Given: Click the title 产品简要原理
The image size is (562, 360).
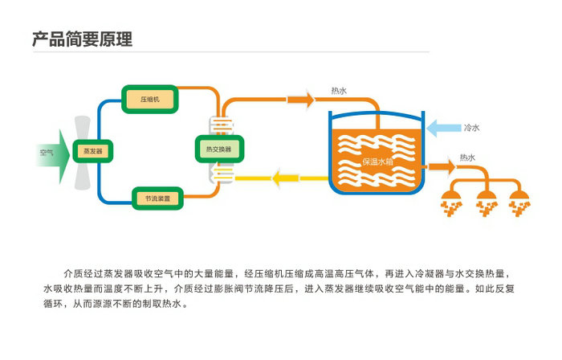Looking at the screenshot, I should coord(81,39).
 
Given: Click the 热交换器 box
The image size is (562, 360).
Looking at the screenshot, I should coord(218,149).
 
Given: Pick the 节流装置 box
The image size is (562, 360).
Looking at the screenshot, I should coord(157,198).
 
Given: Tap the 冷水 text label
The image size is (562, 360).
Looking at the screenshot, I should coord(471,128).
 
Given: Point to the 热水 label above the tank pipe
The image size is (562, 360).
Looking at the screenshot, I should coord(338,91).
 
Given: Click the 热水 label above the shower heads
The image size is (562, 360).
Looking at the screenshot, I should coord(467,157).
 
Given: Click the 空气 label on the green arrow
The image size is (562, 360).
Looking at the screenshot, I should coord(47,151).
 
